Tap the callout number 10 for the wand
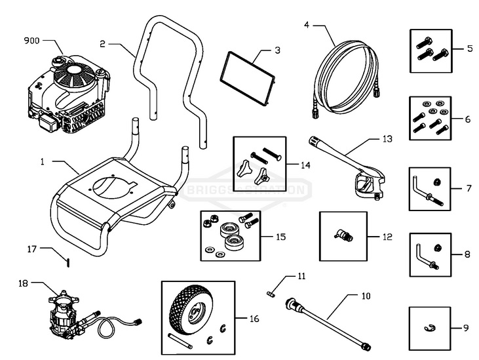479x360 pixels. (x=366, y=296)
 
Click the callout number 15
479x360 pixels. (x=280, y=236)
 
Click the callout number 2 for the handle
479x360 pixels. (x=102, y=45)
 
